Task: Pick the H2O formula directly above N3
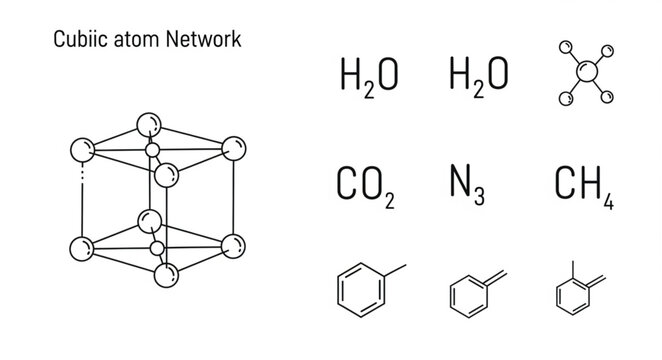(479, 76)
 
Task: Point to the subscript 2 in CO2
(389, 202)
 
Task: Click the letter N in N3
(463, 184)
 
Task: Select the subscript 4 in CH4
(608, 201)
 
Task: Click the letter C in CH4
(563, 184)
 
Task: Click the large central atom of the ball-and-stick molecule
(587, 73)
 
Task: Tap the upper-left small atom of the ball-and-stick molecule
(564, 46)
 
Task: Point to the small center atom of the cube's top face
(153, 151)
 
